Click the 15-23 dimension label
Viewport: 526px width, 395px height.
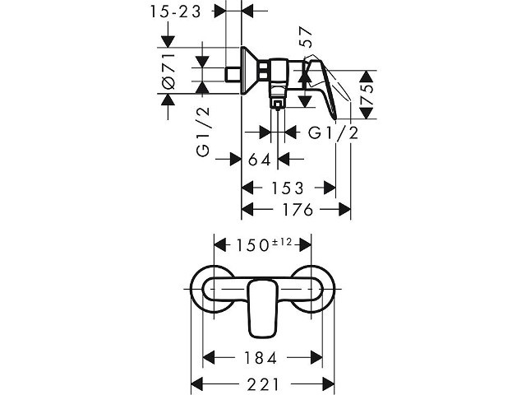pyautogui.click(x=175, y=12)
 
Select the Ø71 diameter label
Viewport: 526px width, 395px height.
pyautogui.click(x=168, y=71)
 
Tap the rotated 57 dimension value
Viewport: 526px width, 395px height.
pyautogui.click(x=305, y=37)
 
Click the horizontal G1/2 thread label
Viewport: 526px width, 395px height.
pyautogui.click(x=333, y=133)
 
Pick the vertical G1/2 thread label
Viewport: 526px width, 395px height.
pyautogui.click(x=203, y=132)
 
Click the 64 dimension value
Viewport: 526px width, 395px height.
pyautogui.click(x=259, y=160)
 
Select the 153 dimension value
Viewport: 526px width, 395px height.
pyautogui.click(x=288, y=188)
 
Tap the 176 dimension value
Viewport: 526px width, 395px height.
pyautogui.click(x=298, y=210)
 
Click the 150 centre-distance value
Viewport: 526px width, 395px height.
pyautogui.click(x=252, y=245)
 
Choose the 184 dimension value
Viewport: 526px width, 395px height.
pyautogui.click(x=261, y=358)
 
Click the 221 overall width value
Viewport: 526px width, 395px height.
pyautogui.click(x=263, y=384)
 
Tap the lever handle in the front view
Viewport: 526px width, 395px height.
pyautogui.click(x=263, y=309)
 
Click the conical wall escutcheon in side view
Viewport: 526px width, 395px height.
pyautogui.click(x=250, y=71)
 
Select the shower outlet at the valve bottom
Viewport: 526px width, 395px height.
pyautogui.click(x=278, y=105)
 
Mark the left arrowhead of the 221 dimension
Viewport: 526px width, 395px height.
pyautogui.click(x=196, y=383)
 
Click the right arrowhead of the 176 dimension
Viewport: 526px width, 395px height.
pyautogui.click(x=344, y=210)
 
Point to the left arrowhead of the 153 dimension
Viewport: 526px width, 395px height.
pyautogui.click(x=248, y=188)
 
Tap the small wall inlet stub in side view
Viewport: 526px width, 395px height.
pyautogui.click(x=233, y=75)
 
